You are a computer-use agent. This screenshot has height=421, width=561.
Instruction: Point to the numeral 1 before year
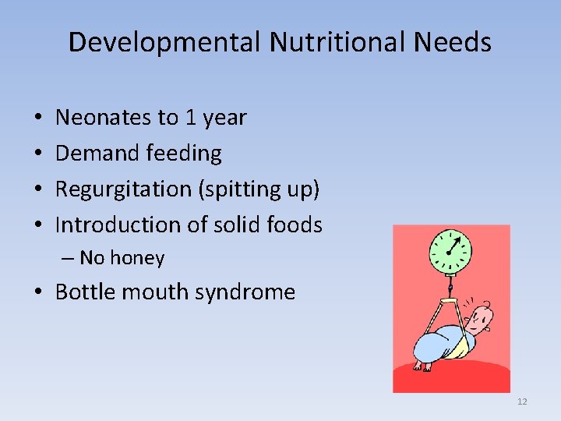coord(190,118)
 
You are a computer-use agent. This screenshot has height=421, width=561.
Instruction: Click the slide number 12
coord(521,402)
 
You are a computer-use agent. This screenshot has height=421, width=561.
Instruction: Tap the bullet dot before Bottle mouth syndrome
coord(38,293)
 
